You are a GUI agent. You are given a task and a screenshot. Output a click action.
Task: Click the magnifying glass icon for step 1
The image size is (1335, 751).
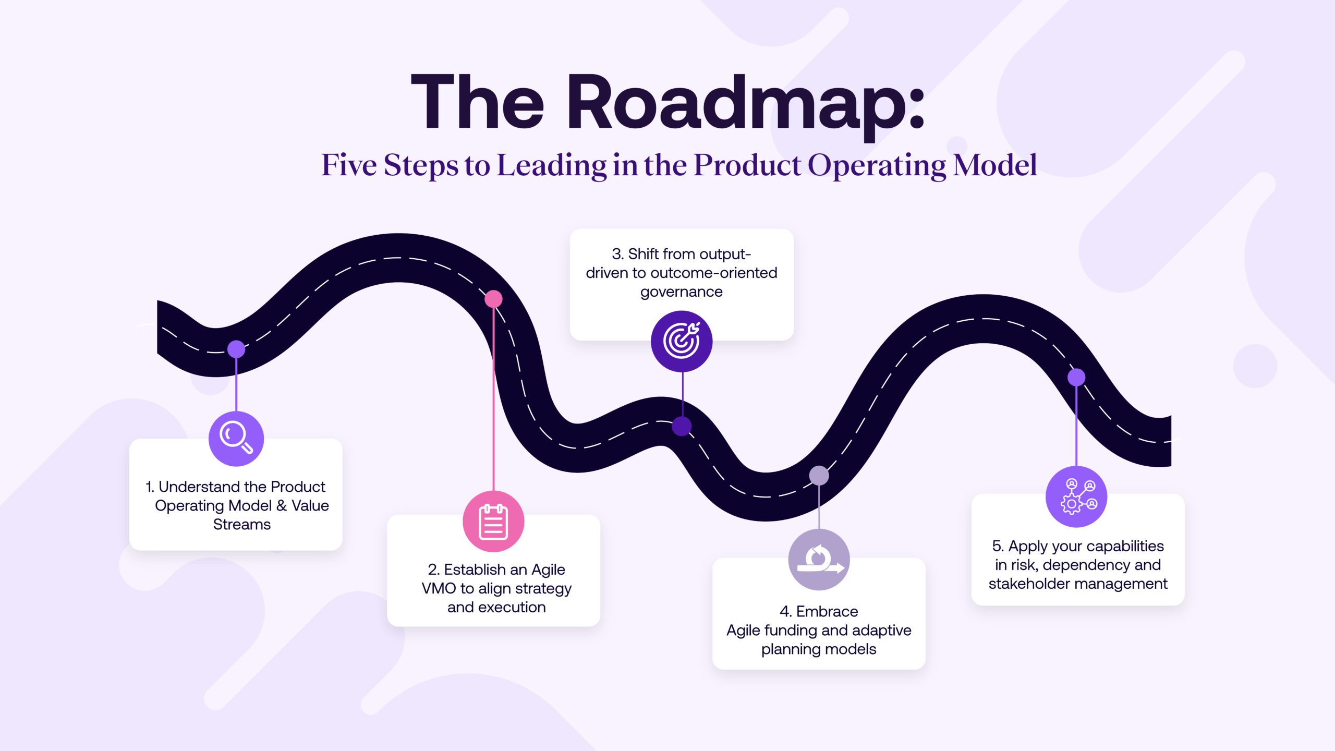[236, 438]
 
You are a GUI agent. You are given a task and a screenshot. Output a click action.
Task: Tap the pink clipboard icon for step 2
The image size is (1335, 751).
[493, 521]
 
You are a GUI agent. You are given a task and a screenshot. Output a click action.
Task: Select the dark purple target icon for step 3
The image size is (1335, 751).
[682, 341]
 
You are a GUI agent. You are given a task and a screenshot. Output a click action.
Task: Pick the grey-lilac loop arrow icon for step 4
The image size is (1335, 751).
[819, 560]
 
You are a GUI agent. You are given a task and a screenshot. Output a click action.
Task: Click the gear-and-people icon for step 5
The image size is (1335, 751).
[1076, 496]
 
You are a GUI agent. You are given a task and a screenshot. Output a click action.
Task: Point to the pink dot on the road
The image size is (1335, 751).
[493, 299]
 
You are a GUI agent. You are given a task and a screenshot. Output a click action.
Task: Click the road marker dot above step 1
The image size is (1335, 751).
[236, 349]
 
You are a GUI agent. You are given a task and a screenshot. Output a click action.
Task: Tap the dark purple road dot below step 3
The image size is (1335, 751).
[682, 426]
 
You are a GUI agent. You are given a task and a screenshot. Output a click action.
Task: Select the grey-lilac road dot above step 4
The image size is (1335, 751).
[819, 475]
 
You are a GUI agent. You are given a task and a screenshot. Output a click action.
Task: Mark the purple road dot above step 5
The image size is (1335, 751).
[1076, 377]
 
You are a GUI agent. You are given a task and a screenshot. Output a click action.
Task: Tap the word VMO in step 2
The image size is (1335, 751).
[439, 588]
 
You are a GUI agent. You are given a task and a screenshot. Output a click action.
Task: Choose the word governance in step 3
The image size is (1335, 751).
[682, 292]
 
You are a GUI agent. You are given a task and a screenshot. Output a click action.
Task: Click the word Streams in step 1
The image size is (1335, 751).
[242, 524]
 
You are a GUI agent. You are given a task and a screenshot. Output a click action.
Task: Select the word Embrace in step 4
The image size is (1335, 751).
[827, 611]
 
